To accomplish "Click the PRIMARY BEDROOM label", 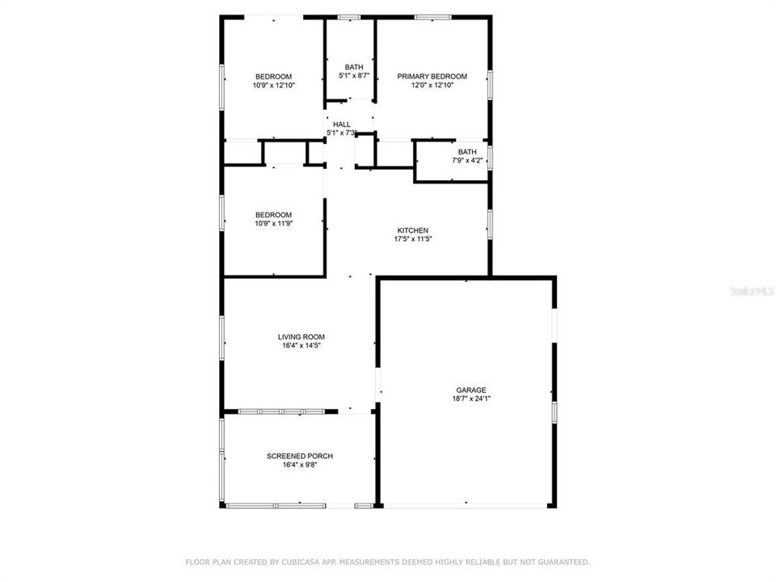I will pyautogui.click(x=432, y=76).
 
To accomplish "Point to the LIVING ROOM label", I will pyautogui.click(x=302, y=337).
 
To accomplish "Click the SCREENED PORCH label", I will pyautogui.click(x=300, y=456).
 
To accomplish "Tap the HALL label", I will pyautogui.click(x=342, y=124).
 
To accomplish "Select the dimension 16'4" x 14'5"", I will pyautogui.click(x=302, y=346).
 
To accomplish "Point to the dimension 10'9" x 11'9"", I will pyautogui.click(x=273, y=223).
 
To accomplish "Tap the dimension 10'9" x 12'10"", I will pyautogui.click(x=273, y=85).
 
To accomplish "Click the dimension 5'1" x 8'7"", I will pyautogui.click(x=354, y=76).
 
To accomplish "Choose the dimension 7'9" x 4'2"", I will pyautogui.click(x=467, y=161).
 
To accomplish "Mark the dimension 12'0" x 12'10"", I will pyautogui.click(x=432, y=85).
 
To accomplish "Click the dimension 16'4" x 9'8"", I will pyautogui.click(x=300, y=465).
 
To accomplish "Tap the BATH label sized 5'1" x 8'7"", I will pyautogui.click(x=354, y=67).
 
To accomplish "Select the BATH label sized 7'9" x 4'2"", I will pyautogui.click(x=467, y=152).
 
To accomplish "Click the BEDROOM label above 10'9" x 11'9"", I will pyautogui.click(x=273, y=214).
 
